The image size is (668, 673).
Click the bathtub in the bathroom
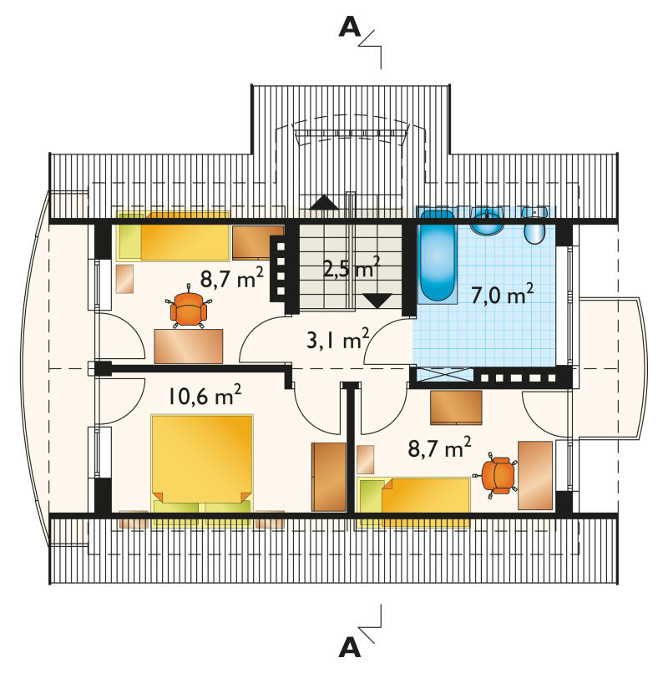(437, 256)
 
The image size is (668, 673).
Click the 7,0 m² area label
(503, 294)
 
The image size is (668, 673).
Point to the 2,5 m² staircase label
(352, 268)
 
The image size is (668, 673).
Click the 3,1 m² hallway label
(338, 339)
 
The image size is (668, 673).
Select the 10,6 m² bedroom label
(205, 395)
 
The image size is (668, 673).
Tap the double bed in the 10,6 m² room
(202, 470)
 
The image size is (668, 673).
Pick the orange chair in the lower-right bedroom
(496, 474)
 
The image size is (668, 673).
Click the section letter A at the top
(350, 28)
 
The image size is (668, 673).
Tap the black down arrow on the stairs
(377, 301)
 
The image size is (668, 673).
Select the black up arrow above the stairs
(324, 202)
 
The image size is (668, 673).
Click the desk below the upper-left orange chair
(189, 346)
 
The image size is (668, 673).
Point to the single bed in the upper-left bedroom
(173, 235)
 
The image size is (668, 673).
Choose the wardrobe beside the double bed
(329, 477)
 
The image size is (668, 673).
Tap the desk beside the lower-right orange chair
(535, 475)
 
